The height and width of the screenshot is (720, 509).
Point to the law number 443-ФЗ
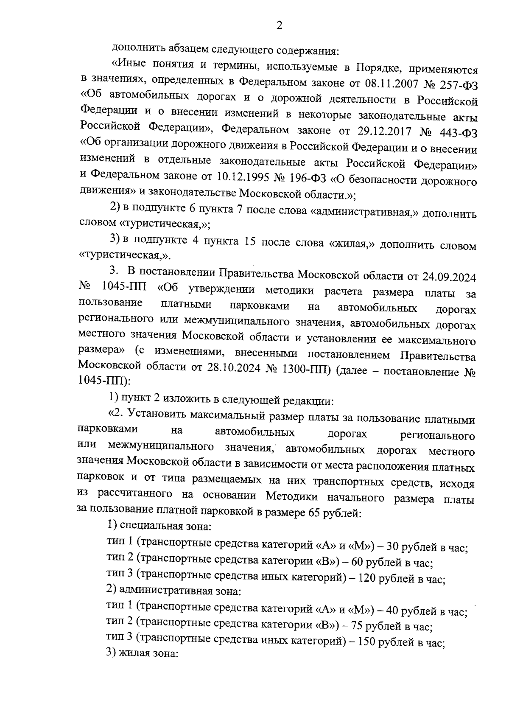point(459,132)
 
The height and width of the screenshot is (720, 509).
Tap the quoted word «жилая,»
point(353,244)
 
